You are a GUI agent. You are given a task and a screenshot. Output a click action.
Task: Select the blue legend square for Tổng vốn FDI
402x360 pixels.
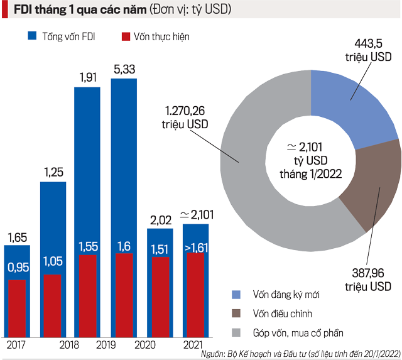click(33, 37)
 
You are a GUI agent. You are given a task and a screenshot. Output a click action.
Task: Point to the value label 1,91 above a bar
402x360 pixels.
click(87, 79)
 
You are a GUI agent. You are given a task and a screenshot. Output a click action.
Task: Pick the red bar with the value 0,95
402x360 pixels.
click(18, 308)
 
